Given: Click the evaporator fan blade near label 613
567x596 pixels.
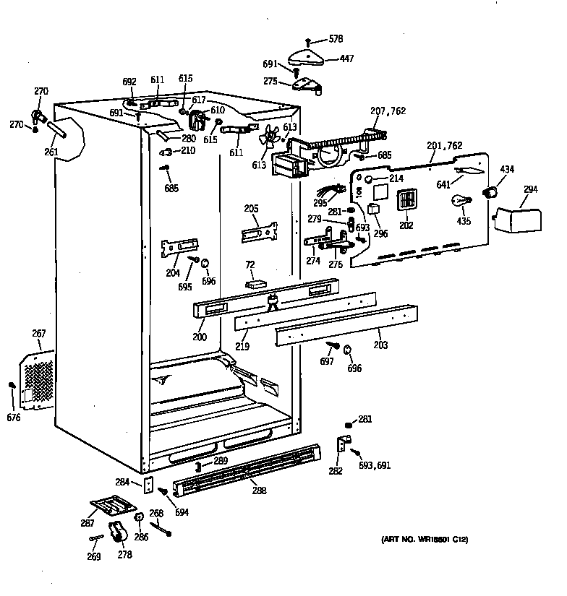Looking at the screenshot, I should (270, 137).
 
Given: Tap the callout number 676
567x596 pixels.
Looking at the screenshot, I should (13, 418).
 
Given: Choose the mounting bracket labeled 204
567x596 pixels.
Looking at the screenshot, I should (179, 248).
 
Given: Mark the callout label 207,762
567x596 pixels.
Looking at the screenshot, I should (388, 112).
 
